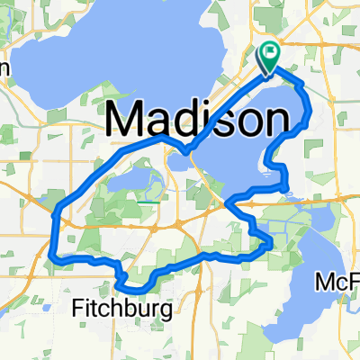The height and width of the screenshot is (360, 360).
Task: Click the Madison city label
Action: [x=199, y=117]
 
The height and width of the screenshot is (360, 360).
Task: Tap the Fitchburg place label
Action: [x=121, y=310]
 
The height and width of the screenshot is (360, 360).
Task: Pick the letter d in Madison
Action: [x=190, y=117]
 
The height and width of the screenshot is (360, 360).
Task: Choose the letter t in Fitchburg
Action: [x=93, y=310]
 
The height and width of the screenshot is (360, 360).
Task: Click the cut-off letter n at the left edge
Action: [x=4, y=69]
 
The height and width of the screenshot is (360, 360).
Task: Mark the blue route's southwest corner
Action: [x=56, y=258]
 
